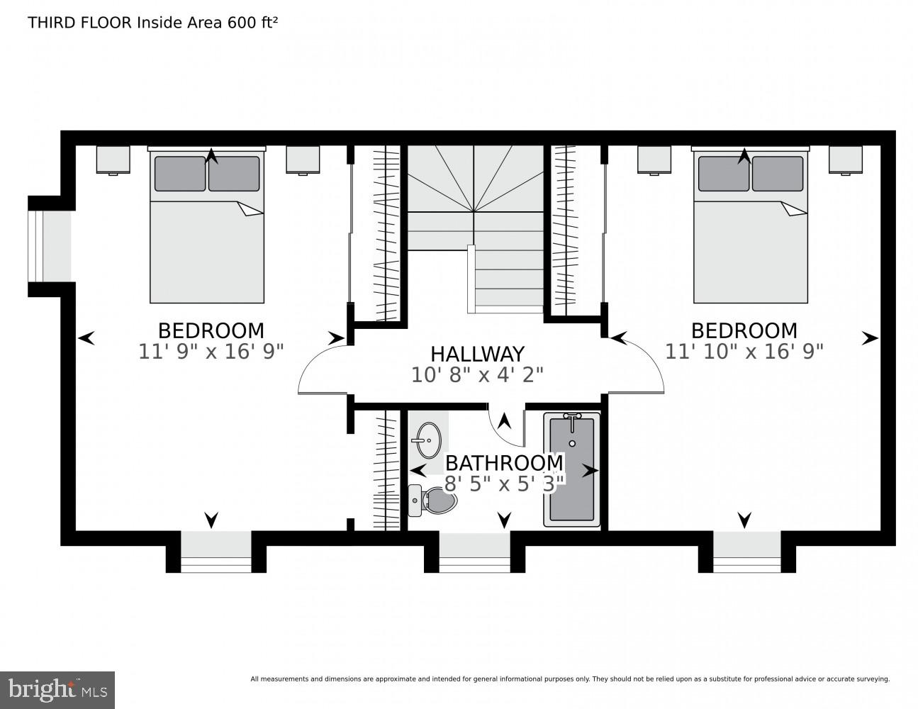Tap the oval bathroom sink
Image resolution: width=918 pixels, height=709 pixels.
pyautogui.click(x=428, y=440)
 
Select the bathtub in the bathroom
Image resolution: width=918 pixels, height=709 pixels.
pyautogui.click(x=572, y=470)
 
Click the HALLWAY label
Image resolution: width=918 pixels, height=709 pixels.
pyautogui.click(x=477, y=353)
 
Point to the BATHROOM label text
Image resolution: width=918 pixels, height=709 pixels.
pyautogui.click(x=504, y=463)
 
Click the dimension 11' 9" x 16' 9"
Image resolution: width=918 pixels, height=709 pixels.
pyautogui.click(x=211, y=351)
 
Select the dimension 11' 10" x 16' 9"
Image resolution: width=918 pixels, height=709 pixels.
pyautogui.click(x=744, y=351)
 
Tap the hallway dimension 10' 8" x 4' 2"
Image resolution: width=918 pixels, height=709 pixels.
pyautogui.click(x=477, y=374)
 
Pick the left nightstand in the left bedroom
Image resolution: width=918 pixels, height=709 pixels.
pyautogui.click(x=113, y=160)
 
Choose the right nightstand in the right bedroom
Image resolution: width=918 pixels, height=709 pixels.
pyautogui.click(x=845, y=160)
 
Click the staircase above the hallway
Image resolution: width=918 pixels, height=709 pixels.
pyautogui.click(x=474, y=213)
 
